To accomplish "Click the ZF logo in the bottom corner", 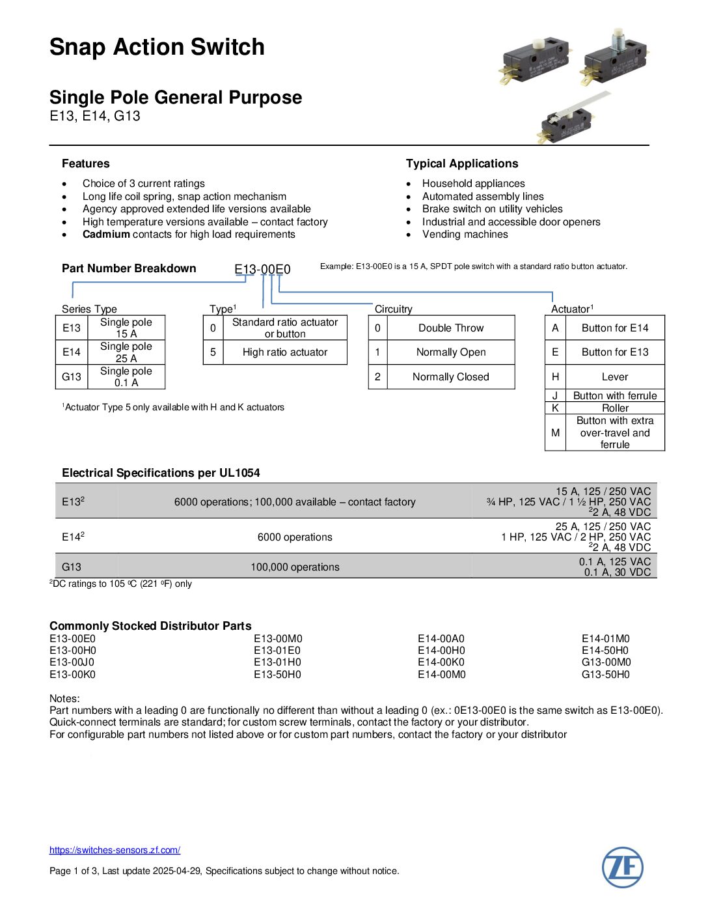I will coord(622,868).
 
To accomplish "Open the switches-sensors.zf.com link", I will coord(115,850).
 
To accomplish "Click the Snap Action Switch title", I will coord(157,47).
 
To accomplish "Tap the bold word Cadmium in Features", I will coord(106,234).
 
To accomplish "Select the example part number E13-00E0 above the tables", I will coord(262,269).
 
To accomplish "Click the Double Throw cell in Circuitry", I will coord(451,328).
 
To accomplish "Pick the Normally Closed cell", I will coord(450,377).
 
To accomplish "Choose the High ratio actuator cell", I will coord(284,352).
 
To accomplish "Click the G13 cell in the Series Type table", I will coord(72,377).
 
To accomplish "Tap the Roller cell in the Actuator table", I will coord(615,408).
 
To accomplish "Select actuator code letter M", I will coord(555,432).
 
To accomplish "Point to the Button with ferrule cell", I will coord(615,396).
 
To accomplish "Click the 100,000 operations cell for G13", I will coord(295,567).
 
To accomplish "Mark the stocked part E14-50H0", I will coord(605,651).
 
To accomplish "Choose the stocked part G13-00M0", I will coord(606,662).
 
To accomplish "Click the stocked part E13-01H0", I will coord(278,662).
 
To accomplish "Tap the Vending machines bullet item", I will coord(465,234).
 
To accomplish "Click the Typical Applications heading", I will coord(462,163).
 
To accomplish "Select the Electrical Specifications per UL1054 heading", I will coord(161,473).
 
